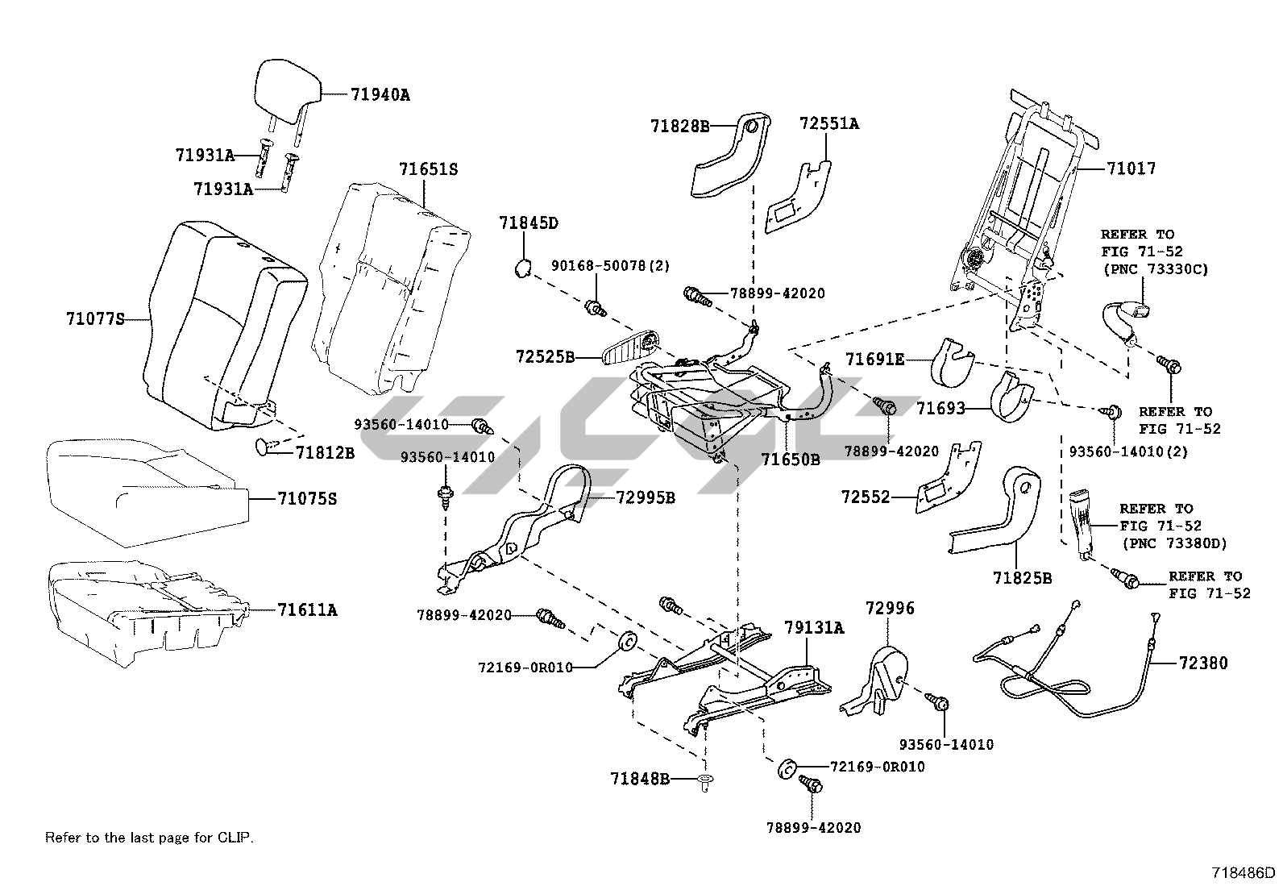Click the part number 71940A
coord(380,94)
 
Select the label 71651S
coord(428,169)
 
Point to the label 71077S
coord(96,318)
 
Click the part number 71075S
coord(307,499)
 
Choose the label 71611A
coord(307,610)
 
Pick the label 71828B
coord(680,126)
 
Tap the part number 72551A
coord(828,123)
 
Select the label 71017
coord(1131,168)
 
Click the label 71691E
coord(874,359)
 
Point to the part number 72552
coord(866,497)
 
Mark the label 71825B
coord(1022,578)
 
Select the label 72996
coord(890,609)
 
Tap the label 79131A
coord(814,628)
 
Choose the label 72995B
coord(646,497)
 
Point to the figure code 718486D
coord(1244,872)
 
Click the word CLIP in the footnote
coord(235,838)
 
